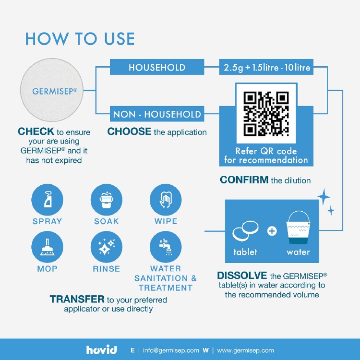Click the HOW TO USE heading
pyautogui.click(x=80, y=39)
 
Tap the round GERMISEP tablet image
pyautogui.click(x=51, y=90)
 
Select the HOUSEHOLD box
pyautogui.click(x=157, y=67)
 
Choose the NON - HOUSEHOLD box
pyautogui.click(x=157, y=114)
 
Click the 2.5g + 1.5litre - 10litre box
pyautogui.click(x=266, y=67)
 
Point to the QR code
pyautogui.click(x=266, y=113)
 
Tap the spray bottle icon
pyautogui.click(x=47, y=200)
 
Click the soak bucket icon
pyautogui.click(x=106, y=200)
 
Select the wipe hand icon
pyautogui.click(x=166, y=200)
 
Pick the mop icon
pyautogui.click(x=47, y=247)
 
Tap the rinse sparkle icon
pyautogui.click(x=106, y=247)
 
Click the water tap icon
pyautogui.click(x=166, y=247)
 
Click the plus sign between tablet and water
pyautogui.click(x=272, y=231)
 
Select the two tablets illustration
pyautogui.click(x=245, y=231)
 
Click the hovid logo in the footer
pyautogui.click(x=101, y=350)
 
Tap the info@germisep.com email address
pyautogui.click(x=171, y=350)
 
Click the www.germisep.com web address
pyautogui.click(x=246, y=350)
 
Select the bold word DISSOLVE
pyautogui.click(x=242, y=275)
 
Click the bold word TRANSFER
pyautogui.click(x=77, y=299)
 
